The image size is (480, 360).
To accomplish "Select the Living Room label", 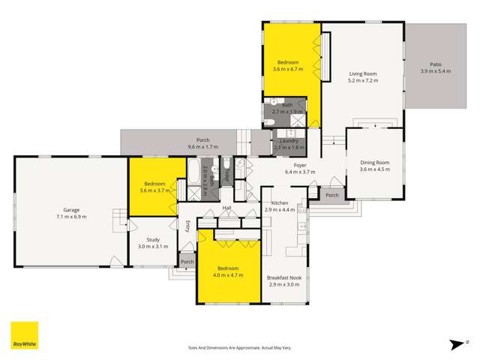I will tap(362, 74).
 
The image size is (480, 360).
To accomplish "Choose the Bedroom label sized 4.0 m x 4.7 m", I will tap(228, 268).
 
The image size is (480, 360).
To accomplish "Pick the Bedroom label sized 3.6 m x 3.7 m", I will tap(154, 184).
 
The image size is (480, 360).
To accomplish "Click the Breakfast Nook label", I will tap(284, 277).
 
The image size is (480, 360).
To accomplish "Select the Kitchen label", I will tap(279, 203).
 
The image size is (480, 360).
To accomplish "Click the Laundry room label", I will tap(289, 140).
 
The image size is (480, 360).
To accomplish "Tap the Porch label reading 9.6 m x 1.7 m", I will tap(202, 140).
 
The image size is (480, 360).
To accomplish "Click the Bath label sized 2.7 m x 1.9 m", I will tap(287, 106).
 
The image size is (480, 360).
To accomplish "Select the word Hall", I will tap(226, 208).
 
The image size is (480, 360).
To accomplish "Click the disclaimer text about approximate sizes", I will tap(238, 348).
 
